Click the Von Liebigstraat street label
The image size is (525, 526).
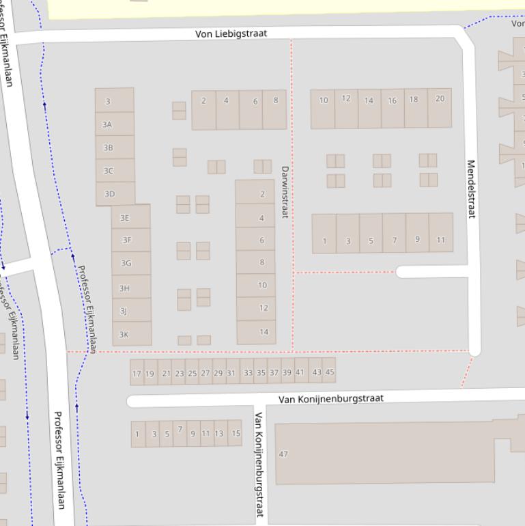click(231, 33)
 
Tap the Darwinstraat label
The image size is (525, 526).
click(285, 192)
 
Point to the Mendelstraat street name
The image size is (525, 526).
click(470, 189)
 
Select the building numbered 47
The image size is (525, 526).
click(283, 454)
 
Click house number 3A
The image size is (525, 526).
click(107, 124)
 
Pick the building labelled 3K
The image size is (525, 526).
click(124, 335)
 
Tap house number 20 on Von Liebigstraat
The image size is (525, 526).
click(440, 98)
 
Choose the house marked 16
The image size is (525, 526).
click(393, 100)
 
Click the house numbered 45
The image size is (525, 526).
click(330, 372)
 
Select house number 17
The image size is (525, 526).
click(137, 374)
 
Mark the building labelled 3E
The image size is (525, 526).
click(125, 218)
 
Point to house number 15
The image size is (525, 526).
click(236, 433)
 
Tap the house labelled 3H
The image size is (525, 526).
click(124, 288)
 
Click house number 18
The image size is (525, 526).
click(414, 99)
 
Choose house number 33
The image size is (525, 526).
click(248, 373)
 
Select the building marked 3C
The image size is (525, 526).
click(108, 171)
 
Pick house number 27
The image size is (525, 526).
click(205, 373)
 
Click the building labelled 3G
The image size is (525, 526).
click(126, 263)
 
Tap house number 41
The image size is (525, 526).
click(300, 372)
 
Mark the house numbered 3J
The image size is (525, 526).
click(124, 312)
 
